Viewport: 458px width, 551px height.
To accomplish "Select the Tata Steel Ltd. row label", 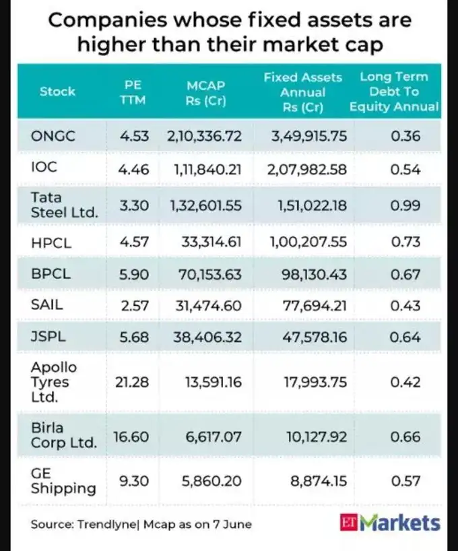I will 65,205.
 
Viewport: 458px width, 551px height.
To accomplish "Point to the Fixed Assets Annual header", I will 303,92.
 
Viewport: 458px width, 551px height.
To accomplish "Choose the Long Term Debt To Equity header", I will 394,92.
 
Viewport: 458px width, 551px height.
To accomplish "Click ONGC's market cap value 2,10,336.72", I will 204,136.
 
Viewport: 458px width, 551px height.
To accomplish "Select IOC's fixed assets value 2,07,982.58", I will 308,170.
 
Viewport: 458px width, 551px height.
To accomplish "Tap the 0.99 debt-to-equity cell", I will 405,205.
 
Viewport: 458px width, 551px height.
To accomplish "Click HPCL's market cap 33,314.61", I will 211,240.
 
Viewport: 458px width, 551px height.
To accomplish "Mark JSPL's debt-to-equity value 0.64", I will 405,337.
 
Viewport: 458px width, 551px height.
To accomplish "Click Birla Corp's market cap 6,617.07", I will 213,437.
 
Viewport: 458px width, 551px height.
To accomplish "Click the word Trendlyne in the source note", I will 105,523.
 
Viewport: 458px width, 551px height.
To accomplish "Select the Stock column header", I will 57,92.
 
